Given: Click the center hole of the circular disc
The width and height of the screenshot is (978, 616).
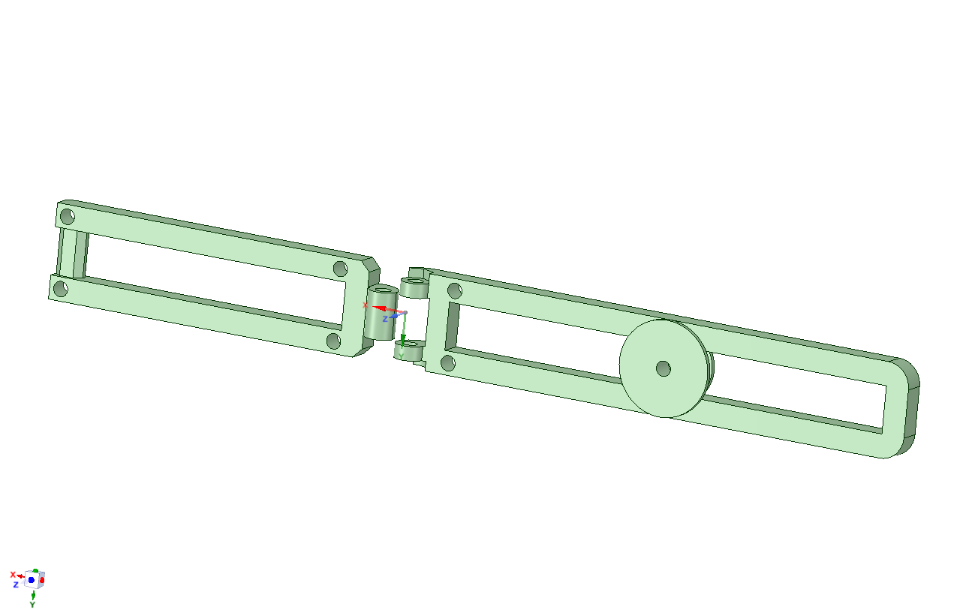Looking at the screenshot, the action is point(664,368).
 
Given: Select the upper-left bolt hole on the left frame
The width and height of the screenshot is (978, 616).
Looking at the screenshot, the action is point(68,216).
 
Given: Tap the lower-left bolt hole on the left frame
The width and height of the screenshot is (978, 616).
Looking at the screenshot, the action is point(60,289).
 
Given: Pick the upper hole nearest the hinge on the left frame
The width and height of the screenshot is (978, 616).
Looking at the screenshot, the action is point(340,269).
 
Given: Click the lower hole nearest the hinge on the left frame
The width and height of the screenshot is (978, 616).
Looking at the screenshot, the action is point(333,341).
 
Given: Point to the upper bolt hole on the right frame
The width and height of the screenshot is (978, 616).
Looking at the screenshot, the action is point(455,291).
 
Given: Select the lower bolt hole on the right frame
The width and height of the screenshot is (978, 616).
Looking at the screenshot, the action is point(448,363).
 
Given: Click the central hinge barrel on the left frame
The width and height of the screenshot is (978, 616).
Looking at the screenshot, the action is point(381,313).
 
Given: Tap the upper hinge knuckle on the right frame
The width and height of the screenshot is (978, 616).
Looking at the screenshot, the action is point(414,287).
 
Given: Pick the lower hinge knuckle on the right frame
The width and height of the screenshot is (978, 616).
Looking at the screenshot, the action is point(408,350).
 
